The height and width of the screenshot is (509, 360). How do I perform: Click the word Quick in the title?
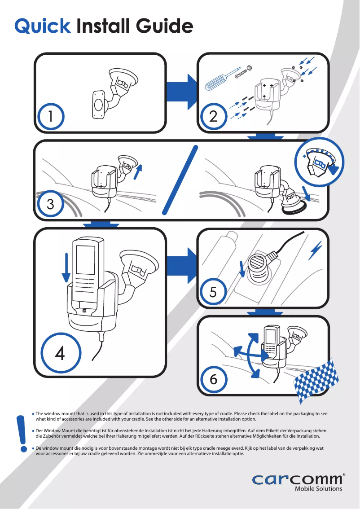click(43, 26)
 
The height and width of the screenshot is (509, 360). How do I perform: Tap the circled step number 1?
click(51, 117)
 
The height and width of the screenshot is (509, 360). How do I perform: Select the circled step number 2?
click(213, 117)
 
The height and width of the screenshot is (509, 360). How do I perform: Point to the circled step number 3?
click(51, 205)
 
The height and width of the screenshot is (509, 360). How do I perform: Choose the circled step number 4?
click(60, 353)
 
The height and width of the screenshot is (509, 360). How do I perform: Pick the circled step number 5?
click(213, 293)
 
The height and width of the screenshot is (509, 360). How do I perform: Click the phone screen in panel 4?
click(86, 262)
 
